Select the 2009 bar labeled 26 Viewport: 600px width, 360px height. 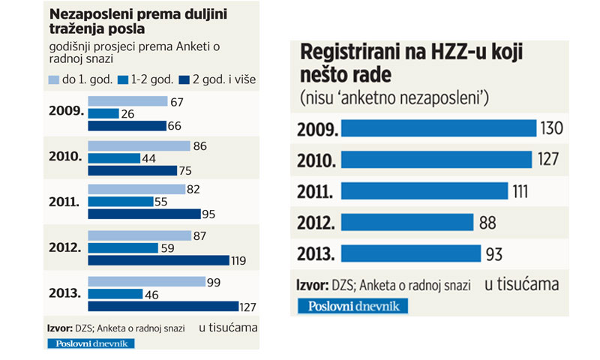point(103,113)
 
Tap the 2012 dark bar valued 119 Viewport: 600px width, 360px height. point(158,260)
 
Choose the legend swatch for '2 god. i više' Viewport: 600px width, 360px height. point(184,78)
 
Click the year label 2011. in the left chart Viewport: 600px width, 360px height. point(64,202)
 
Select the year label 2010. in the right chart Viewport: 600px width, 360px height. point(318,160)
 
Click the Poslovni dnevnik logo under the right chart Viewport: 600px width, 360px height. point(352,305)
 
